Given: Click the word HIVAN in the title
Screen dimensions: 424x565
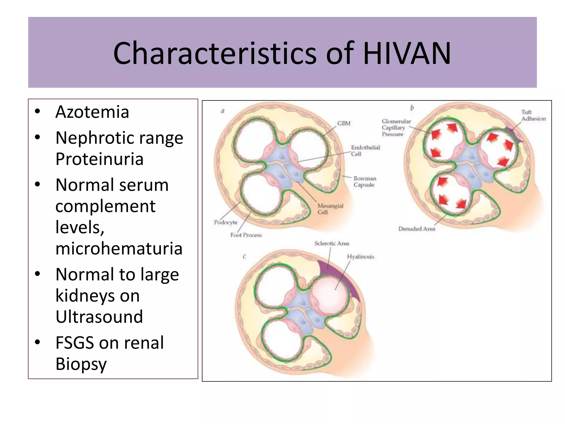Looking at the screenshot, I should click(407, 53).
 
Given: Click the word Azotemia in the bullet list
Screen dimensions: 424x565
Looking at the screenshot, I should click(92, 112).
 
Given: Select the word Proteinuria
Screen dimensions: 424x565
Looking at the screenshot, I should click(99, 159).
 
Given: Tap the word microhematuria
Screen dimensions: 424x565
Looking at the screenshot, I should click(119, 248).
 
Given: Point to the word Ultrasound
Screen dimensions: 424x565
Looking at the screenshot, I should click(99, 317).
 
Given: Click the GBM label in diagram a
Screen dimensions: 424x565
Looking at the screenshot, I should click(344, 123).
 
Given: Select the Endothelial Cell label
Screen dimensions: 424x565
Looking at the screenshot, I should click(365, 151).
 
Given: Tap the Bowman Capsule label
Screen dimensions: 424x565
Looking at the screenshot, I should click(364, 182).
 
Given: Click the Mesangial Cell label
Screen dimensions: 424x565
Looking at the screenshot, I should click(330, 209).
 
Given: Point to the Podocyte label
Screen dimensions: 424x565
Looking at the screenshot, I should click(226, 222).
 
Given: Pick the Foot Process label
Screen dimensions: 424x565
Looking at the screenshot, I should click(246, 235).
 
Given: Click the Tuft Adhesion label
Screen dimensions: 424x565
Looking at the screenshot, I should click(533, 115).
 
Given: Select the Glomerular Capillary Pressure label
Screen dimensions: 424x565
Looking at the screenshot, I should click(396, 128).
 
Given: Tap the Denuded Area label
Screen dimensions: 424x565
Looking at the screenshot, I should click(417, 229).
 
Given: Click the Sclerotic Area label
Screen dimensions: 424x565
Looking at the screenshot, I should click(332, 243).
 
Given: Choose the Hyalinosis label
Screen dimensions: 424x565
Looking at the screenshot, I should click(360, 257).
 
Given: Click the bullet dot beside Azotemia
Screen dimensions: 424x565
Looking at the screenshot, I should click(38, 112).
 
